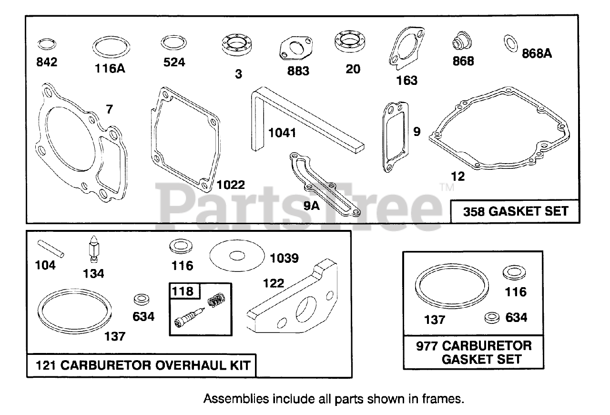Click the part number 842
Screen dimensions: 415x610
click(47, 62)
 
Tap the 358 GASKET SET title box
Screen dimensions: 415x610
click(516, 211)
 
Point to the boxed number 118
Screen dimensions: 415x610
click(183, 290)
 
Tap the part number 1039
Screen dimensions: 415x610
click(285, 258)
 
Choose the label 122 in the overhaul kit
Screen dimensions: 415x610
click(274, 283)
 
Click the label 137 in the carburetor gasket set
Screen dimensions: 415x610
click(435, 320)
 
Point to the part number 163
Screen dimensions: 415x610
click(407, 80)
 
